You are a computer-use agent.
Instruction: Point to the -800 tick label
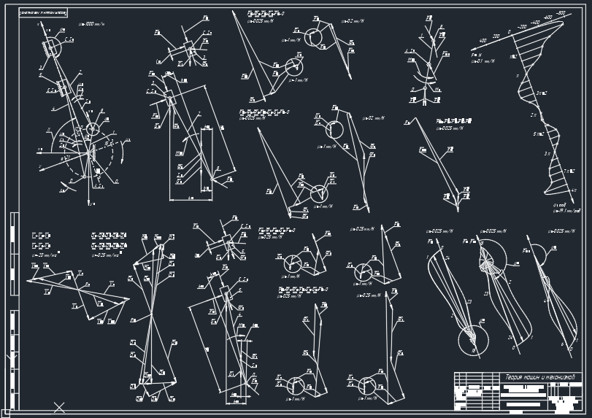(x=561, y=13)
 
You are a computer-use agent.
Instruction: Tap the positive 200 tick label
(x=496, y=35)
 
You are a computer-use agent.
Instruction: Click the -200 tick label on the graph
(x=521, y=27)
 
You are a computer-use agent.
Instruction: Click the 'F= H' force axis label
(x=476, y=55)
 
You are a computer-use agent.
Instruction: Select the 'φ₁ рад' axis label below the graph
(x=560, y=205)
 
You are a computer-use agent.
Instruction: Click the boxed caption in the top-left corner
(x=43, y=13)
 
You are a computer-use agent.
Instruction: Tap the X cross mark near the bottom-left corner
(x=59, y=407)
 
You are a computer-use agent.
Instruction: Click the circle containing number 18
(x=473, y=341)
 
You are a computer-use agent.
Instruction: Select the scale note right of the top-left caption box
(x=91, y=24)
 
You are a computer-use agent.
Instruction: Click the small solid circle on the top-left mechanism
(x=93, y=129)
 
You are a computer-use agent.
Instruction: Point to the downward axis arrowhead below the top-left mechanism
(x=90, y=203)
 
